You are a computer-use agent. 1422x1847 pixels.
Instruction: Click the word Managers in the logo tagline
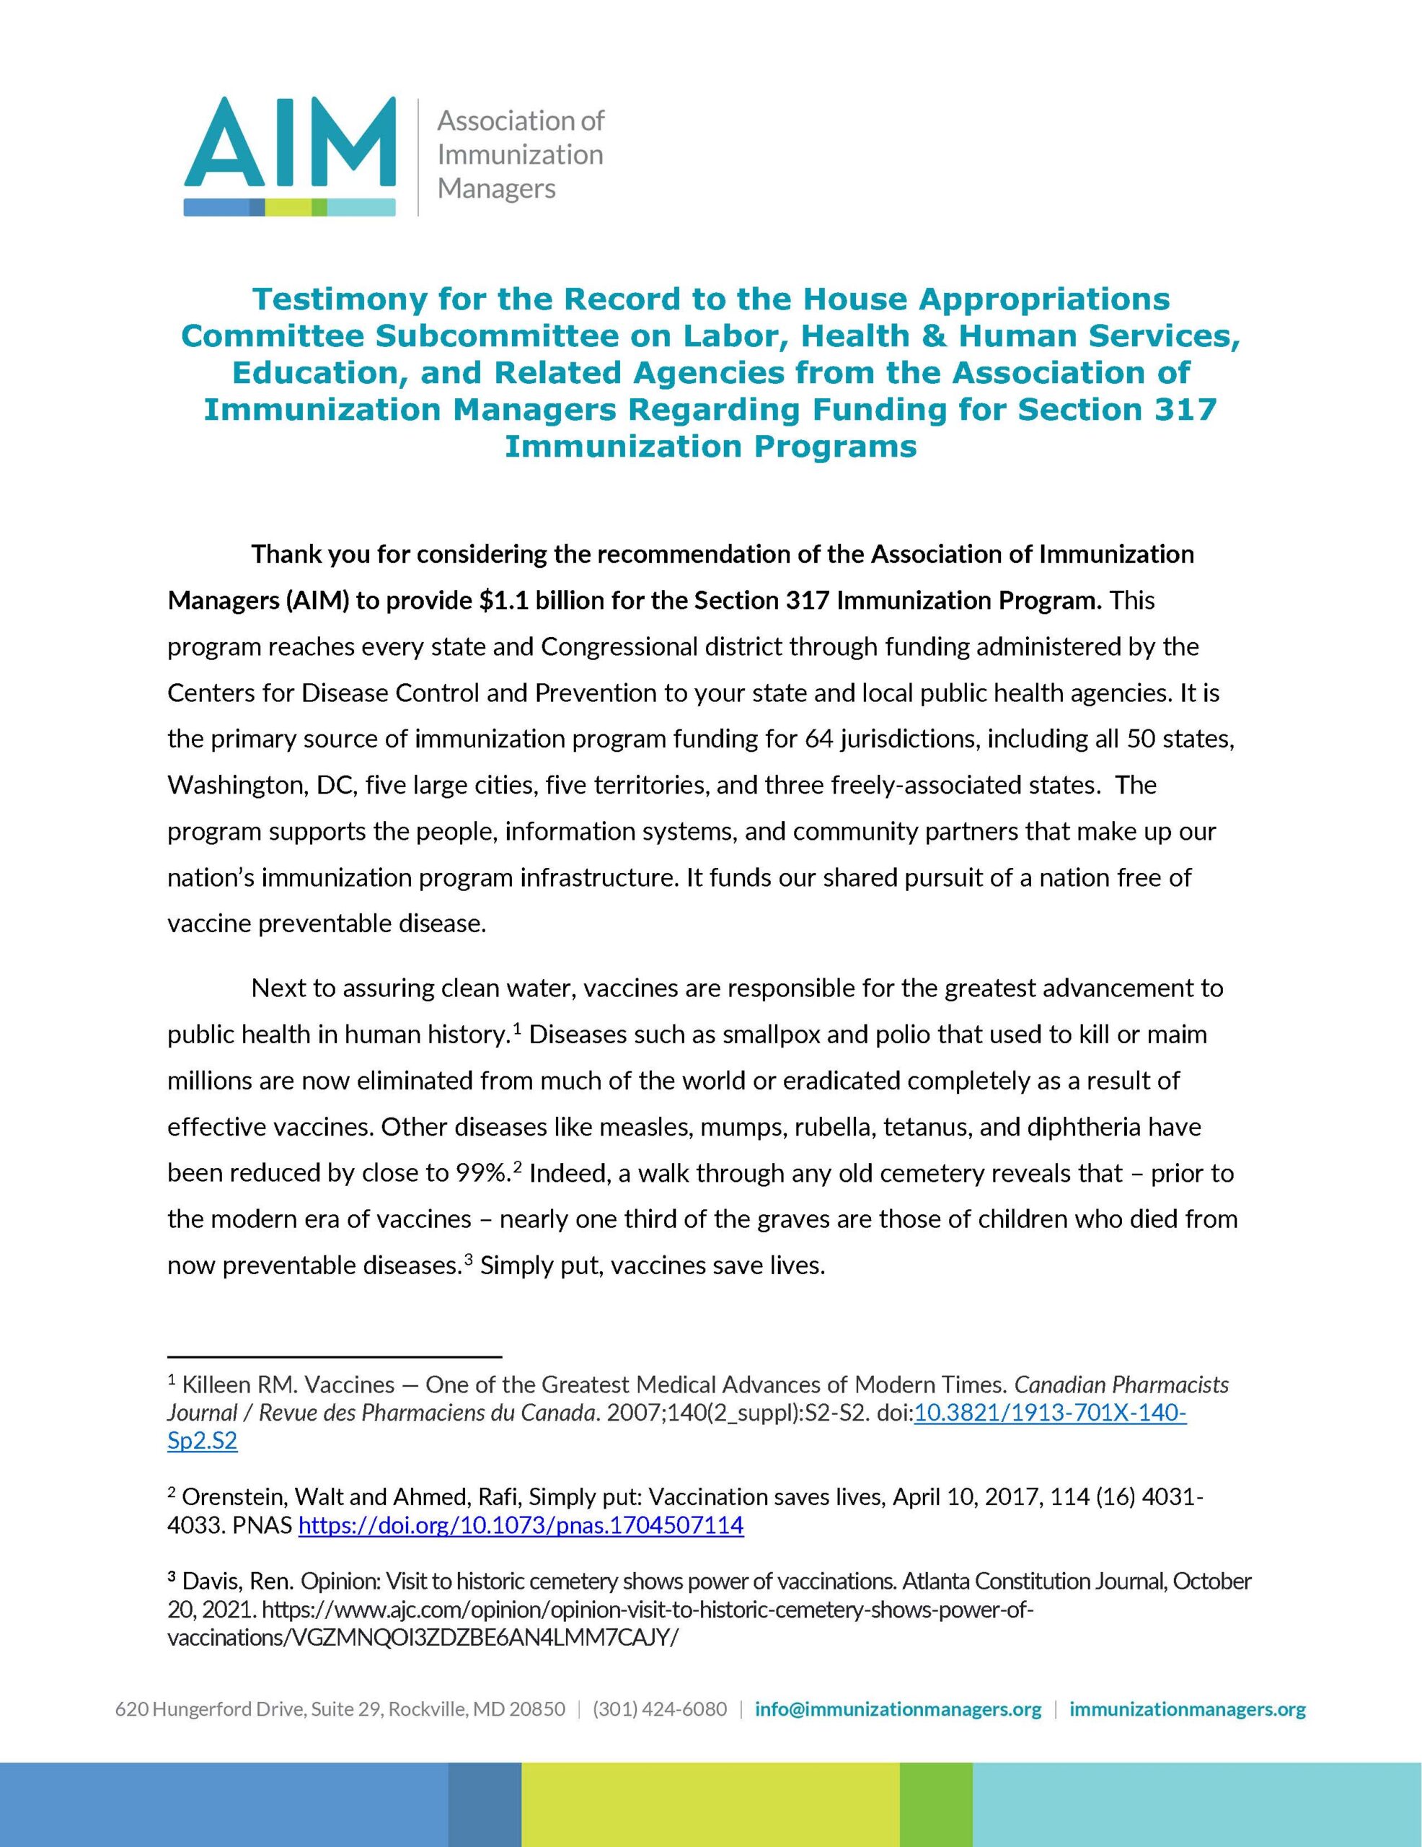tap(496, 188)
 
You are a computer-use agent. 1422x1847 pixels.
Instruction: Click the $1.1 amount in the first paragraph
tap(506, 600)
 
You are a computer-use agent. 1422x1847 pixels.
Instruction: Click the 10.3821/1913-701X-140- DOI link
tap(1050, 1413)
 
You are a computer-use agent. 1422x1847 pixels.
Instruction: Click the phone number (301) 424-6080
tap(659, 1709)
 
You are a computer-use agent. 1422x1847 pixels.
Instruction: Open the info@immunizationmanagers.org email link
tap(898, 1709)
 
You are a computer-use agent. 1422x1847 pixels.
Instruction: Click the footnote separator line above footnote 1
tap(335, 1357)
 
